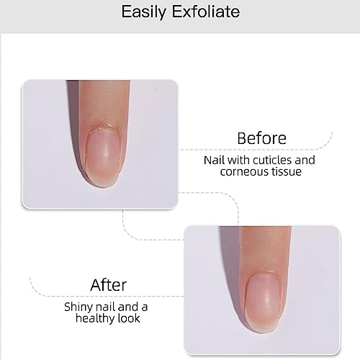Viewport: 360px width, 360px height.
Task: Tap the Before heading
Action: tap(261, 138)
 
